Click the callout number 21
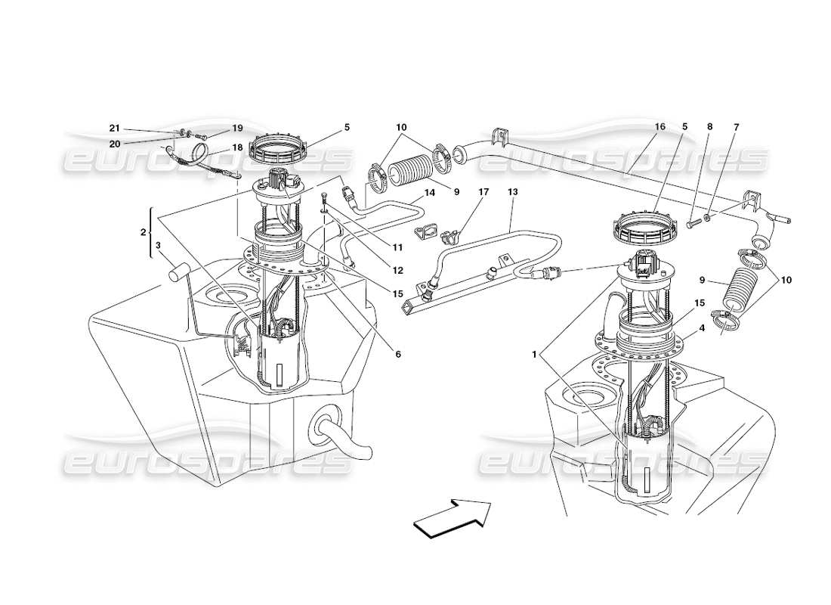click(x=115, y=129)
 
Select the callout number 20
click(x=115, y=143)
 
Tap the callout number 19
click(x=216, y=128)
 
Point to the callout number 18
click(x=216, y=148)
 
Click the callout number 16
click(x=660, y=127)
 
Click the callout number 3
click(x=158, y=245)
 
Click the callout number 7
click(x=736, y=127)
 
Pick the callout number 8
click(x=709, y=127)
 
